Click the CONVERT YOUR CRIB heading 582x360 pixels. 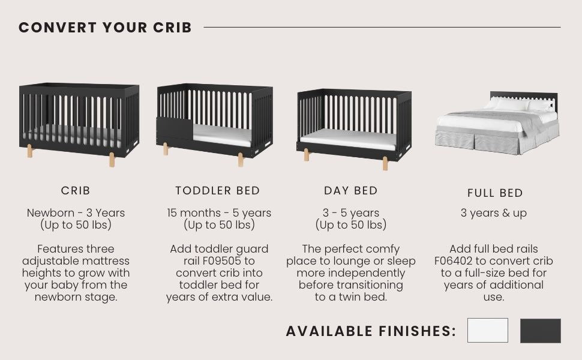[105, 28]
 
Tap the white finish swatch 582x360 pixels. [487, 331]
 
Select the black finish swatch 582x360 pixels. [540, 331]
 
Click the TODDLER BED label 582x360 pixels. [217, 191]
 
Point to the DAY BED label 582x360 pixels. [351, 191]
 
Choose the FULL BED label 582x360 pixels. [495, 193]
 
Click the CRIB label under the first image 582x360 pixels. [76, 191]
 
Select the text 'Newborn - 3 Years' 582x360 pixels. [76, 213]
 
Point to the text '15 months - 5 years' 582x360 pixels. [219, 213]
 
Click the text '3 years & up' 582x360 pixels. [494, 213]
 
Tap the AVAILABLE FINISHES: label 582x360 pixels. [371, 331]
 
